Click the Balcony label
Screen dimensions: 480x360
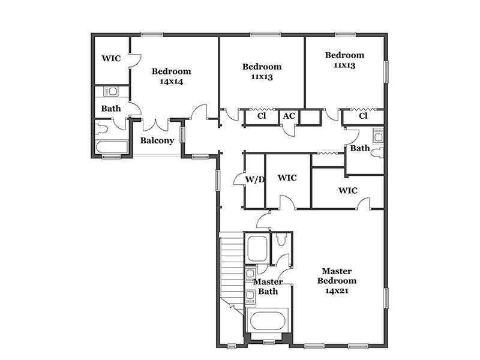(x=157, y=140)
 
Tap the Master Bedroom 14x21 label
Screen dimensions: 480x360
(x=337, y=281)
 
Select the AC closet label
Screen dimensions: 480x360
(x=289, y=116)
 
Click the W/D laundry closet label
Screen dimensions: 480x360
(x=254, y=179)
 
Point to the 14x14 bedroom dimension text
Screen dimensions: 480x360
(x=172, y=82)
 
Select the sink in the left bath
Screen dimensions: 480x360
(x=112, y=91)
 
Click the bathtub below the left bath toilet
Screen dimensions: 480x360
(x=112, y=147)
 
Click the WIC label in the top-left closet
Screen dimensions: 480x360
(x=111, y=58)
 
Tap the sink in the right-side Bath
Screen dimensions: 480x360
(x=379, y=135)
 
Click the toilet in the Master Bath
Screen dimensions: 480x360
(x=280, y=239)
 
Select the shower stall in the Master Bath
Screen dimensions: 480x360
(x=257, y=248)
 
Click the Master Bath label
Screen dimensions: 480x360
(x=268, y=287)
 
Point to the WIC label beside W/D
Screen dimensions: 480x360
(x=287, y=178)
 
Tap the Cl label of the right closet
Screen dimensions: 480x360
(x=363, y=116)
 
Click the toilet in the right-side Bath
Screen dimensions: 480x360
(x=379, y=153)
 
